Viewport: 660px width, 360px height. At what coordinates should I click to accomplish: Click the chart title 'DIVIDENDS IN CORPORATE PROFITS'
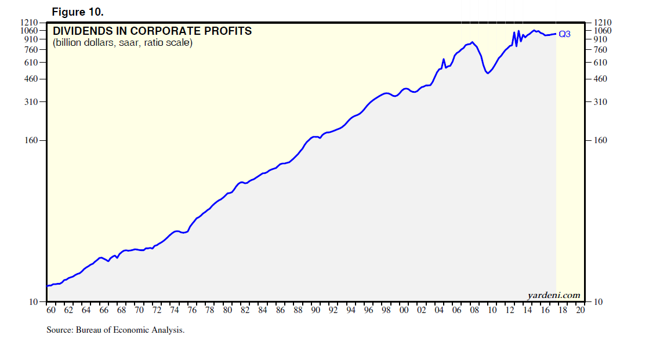pyautogui.click(x=153, y=31)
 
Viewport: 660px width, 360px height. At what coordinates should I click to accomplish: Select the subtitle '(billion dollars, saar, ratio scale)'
pyautogui.click(x=122, y=43)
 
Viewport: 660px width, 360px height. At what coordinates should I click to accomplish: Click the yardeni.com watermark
pyautogui.click(x=553, y=295)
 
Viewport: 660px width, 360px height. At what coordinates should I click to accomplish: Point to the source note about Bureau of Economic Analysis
pyautogui.click(x=115, y=330)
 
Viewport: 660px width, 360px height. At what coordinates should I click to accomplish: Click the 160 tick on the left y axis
pyautogui.click(x=32, y=141)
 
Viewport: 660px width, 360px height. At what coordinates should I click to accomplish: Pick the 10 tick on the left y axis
pyautogui.click(x=34, y=302)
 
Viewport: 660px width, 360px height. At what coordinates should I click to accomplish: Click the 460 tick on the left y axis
pyautogui.click(x=32, y=79)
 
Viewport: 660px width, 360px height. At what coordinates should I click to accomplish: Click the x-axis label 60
pyautogui.click(x=50, y=310)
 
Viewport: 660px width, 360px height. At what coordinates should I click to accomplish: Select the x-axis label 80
pyautogui.click(x=227, y=310)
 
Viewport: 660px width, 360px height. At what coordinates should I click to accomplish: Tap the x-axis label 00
pyautogui.click(x=404, y=310)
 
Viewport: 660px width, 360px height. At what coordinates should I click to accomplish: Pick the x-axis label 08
pyautogui.click(x=475, y=310)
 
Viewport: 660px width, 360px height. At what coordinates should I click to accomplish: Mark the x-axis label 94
pyautogui.click(x=351, y=310)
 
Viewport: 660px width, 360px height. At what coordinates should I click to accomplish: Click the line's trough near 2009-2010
pyautogui.click(x=488, y=74)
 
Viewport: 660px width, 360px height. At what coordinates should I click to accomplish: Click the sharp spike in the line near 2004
pyautogui.click(x=444, y=59)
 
